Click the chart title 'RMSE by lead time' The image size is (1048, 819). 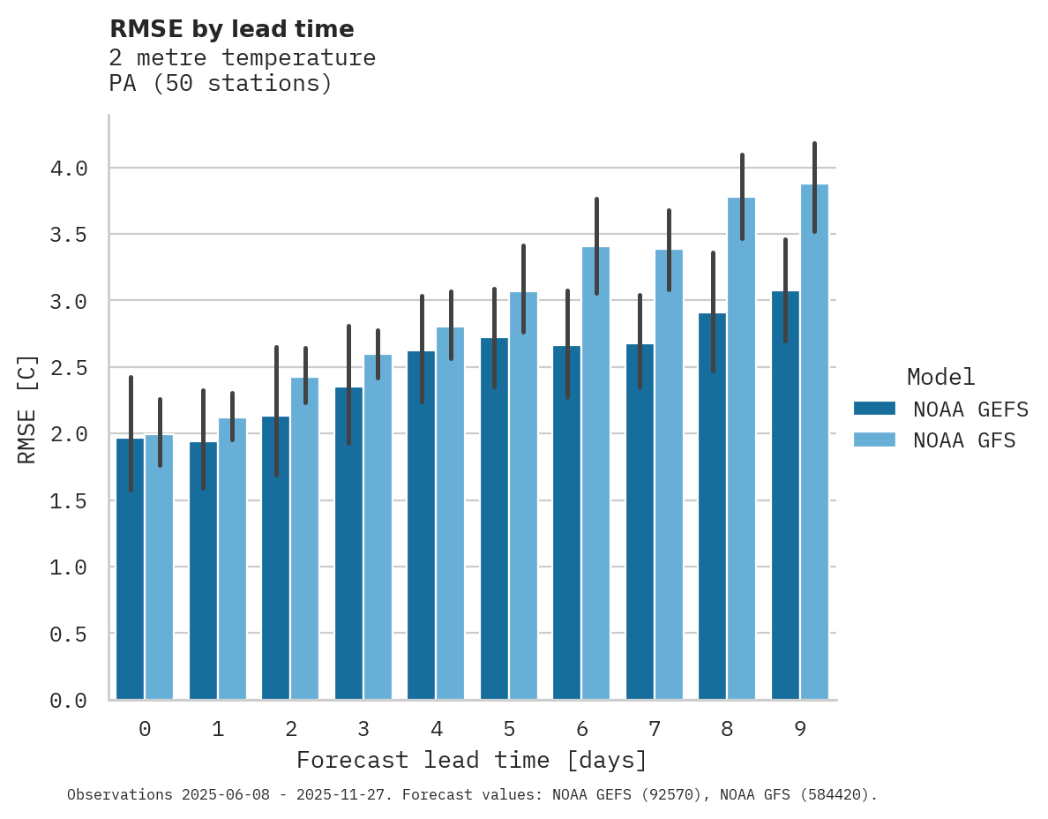[x=231, y=29]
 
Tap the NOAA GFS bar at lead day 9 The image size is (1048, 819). [x=814, y=441]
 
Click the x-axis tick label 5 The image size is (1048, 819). [x=509, y=729]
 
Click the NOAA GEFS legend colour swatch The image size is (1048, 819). [x=874, y=409]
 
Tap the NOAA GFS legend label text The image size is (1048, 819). [x=964, y=440]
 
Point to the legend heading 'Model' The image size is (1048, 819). [x=940, y=377]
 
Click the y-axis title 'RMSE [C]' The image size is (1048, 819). [x=27, y=409]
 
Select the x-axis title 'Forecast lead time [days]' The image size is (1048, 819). [x=472, y=760]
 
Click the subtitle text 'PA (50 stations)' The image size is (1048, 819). [x=221, y=84]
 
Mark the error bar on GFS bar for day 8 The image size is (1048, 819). [x=742, y=196]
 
